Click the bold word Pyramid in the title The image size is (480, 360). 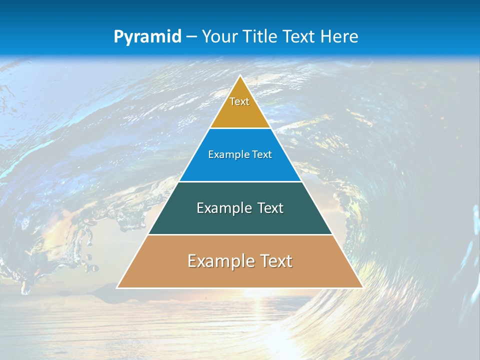[147, 37]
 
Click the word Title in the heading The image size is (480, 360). [262, 36]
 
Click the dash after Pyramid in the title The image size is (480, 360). [191, 37]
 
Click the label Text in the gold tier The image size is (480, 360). [239, 101]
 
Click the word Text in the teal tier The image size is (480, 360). [270, 208]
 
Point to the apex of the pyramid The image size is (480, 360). [240, 76]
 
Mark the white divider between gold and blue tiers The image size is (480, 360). [240, 128]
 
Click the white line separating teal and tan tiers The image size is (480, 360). [240, 234]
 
